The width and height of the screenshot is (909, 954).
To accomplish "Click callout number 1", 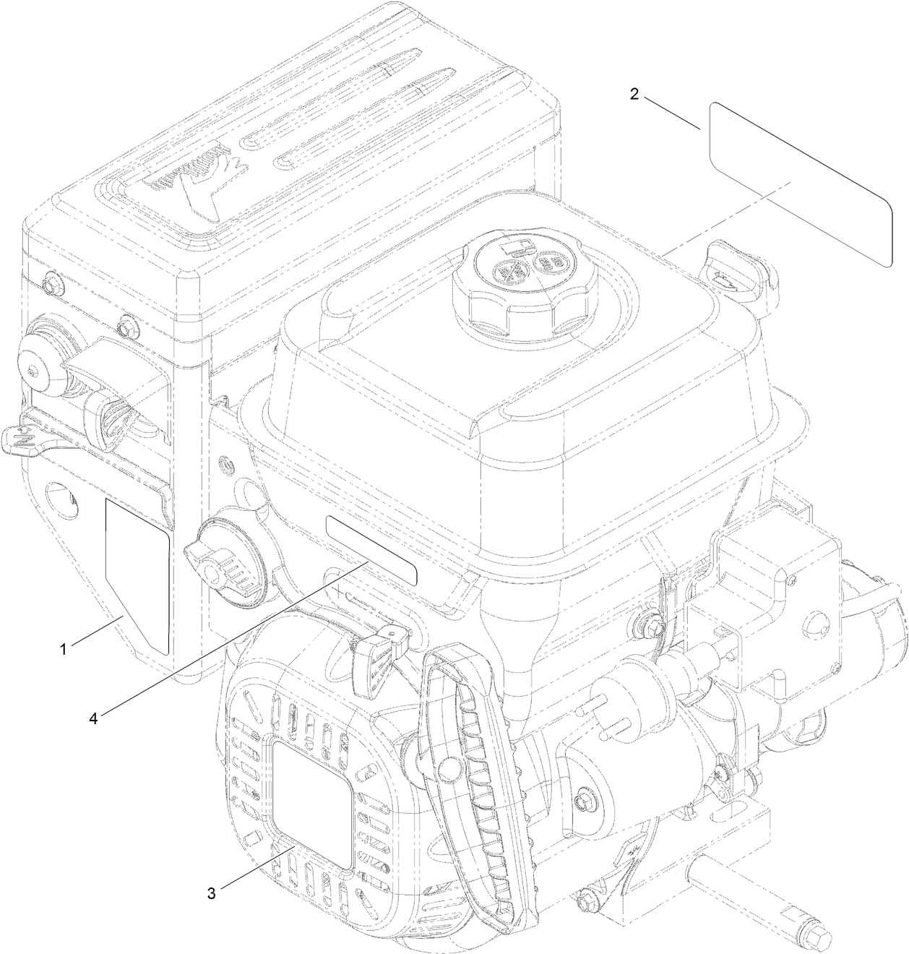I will pos(64,650).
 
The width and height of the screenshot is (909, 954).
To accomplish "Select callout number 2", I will pos(634,95).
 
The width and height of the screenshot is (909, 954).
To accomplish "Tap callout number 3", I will pos(211,893).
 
